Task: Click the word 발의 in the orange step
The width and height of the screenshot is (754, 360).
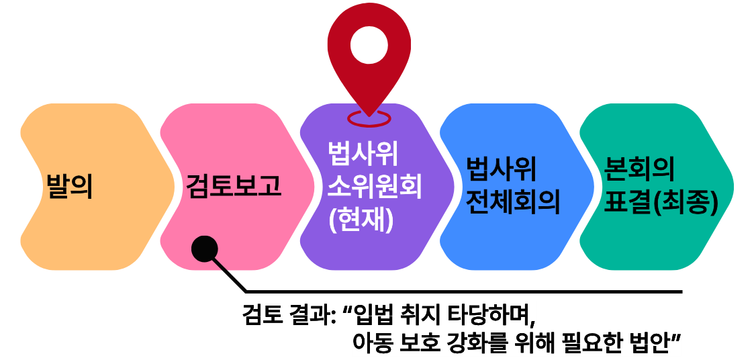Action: (68, 186)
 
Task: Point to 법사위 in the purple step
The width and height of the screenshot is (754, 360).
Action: (363, 154)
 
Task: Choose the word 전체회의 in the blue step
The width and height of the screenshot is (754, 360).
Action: (513, 202)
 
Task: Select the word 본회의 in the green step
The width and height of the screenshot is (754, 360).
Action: (639, 168)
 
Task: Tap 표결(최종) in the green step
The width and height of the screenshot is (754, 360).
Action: (661, 202)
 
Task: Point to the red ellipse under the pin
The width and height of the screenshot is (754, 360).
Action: (369, 119)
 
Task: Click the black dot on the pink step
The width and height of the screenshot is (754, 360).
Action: (204, 249)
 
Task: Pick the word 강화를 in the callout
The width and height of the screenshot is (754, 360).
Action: (481, 343)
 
